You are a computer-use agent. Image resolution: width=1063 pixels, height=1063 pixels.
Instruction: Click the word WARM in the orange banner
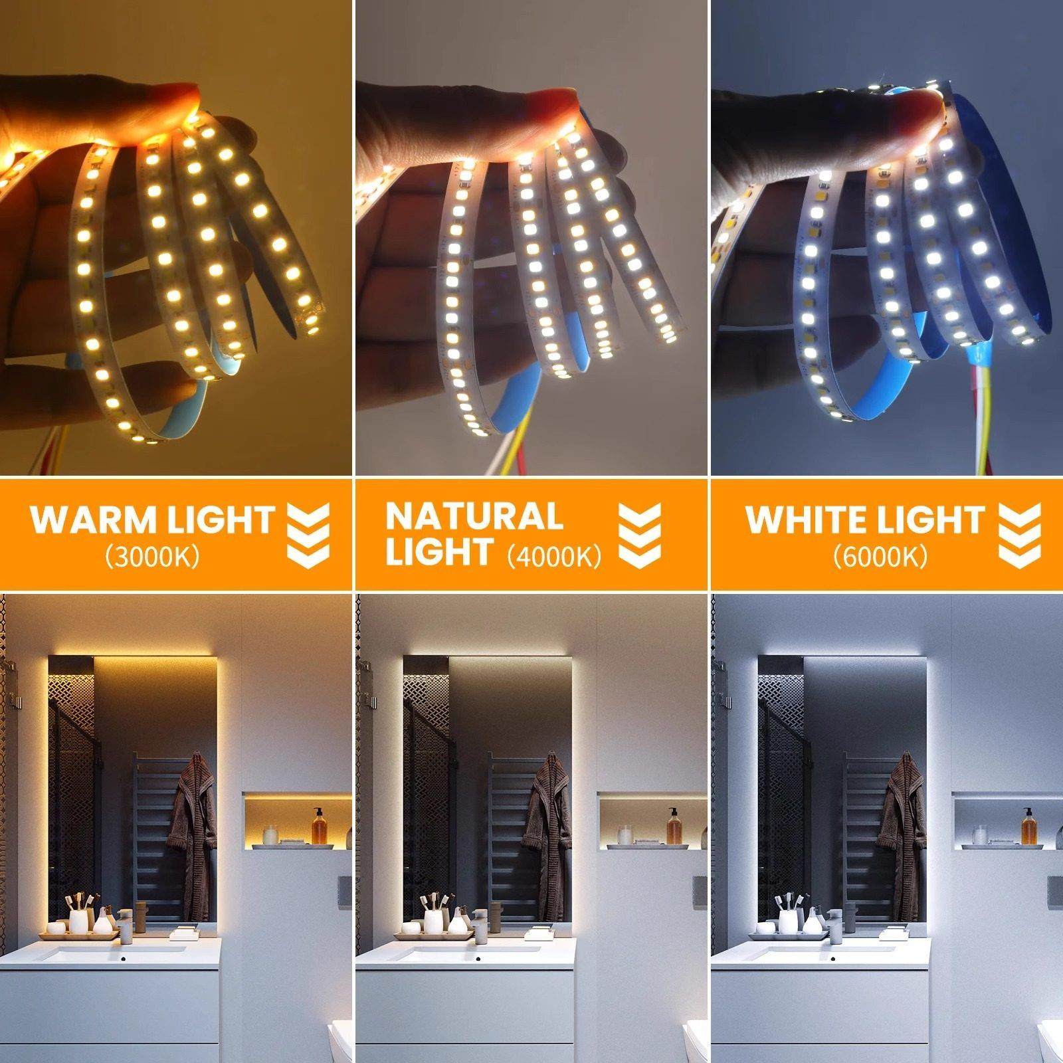[84, 520]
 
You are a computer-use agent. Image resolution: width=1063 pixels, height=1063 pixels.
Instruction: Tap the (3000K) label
[152, 557]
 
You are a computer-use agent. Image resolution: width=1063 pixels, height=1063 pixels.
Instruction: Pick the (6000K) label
[880, 557]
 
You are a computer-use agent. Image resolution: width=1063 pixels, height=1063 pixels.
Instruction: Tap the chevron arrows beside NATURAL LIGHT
[639, 535]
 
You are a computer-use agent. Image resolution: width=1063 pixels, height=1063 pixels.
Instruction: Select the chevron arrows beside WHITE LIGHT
[1020, 535]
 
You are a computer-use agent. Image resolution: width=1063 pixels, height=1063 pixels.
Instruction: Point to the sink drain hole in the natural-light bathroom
[480, 959]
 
